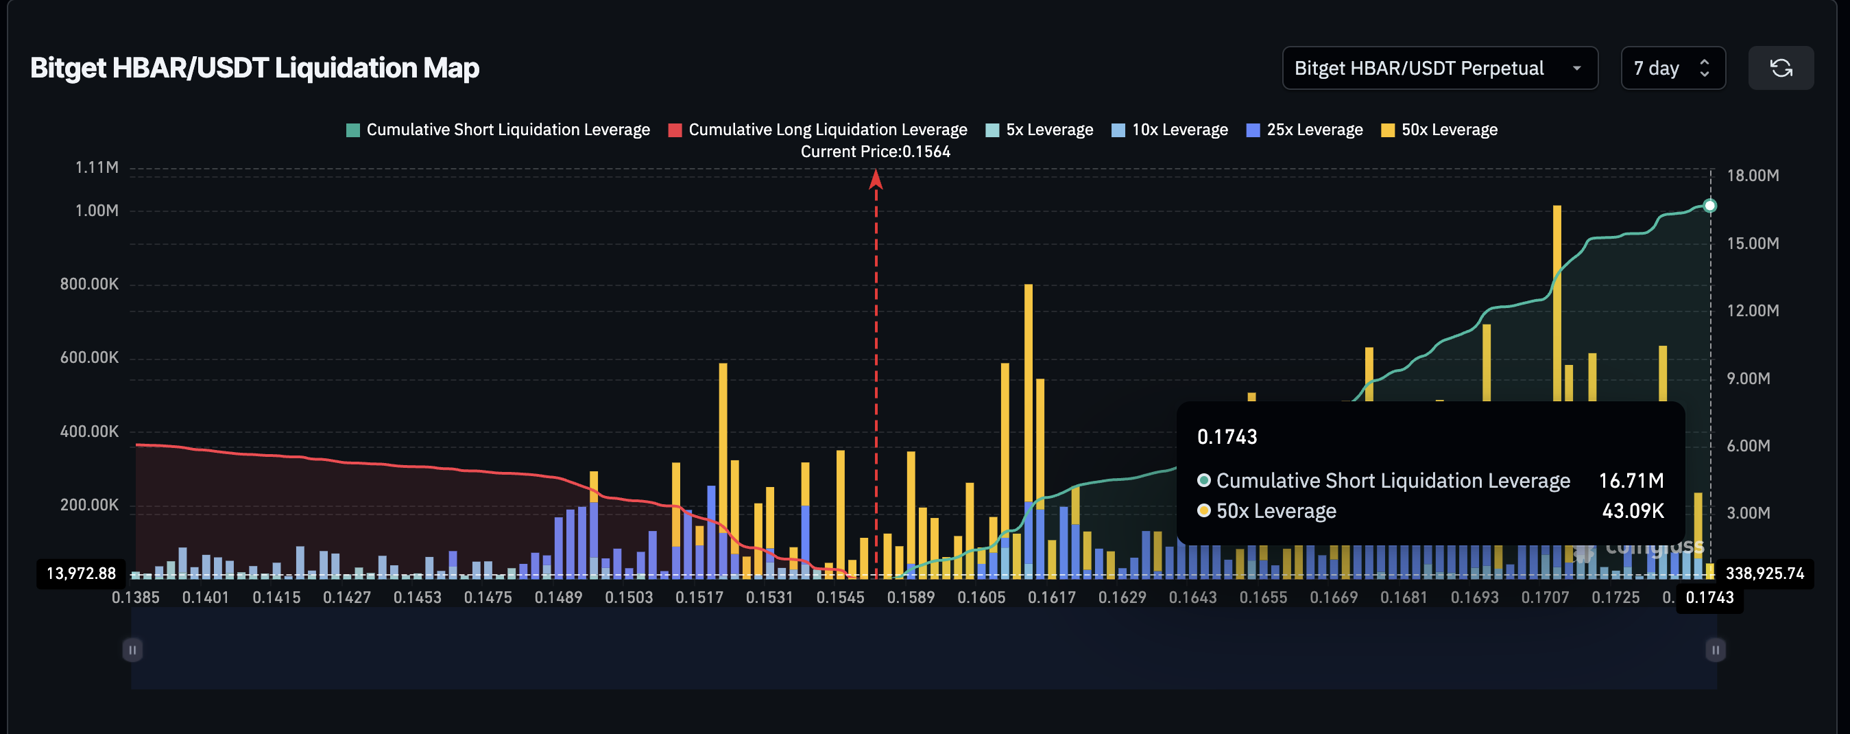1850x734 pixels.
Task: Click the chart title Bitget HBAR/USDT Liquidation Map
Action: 254,68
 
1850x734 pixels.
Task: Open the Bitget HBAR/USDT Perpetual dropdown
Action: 1439,68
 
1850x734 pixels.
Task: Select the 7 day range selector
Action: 1672,68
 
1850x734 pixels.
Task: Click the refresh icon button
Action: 1780,68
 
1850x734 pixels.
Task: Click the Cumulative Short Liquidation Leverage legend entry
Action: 498,130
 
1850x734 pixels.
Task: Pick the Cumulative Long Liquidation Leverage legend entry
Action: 818,130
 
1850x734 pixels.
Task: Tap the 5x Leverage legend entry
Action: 1040,130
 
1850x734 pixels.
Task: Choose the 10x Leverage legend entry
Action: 1170,130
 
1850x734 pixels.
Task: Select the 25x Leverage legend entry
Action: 1305,130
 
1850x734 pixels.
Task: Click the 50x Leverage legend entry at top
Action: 1440,130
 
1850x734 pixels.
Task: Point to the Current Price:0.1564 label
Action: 876,152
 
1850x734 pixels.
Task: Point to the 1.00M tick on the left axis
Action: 97,211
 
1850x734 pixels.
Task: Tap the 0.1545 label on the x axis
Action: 840,597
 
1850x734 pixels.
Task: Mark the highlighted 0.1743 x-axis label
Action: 1709,597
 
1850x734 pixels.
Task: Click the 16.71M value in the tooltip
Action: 1631,480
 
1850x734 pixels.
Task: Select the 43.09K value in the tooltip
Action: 1633,511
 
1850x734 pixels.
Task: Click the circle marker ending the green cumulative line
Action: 1710,206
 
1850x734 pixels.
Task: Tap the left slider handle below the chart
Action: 132,650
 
